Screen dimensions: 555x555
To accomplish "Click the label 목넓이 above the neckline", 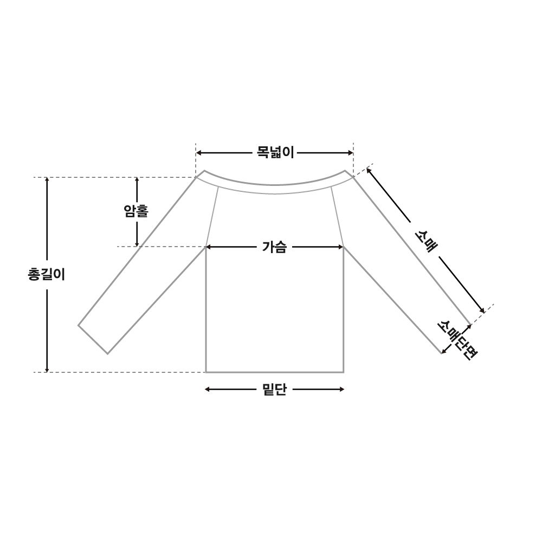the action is click(275, 153).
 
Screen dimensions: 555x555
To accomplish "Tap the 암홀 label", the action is click(136, 211).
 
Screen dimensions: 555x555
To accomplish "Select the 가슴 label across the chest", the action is click(274, 247).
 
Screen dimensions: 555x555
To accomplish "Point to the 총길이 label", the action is click(47, 274).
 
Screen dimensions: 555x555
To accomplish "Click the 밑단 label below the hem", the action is click(274, 390).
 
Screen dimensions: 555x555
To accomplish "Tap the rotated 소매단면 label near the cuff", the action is click(457, 339).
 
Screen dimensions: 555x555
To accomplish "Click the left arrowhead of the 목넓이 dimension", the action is click(198, 153).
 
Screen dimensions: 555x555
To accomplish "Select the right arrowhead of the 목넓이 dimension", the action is click(351, 153).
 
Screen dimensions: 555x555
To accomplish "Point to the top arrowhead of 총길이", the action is click(47, 180).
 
